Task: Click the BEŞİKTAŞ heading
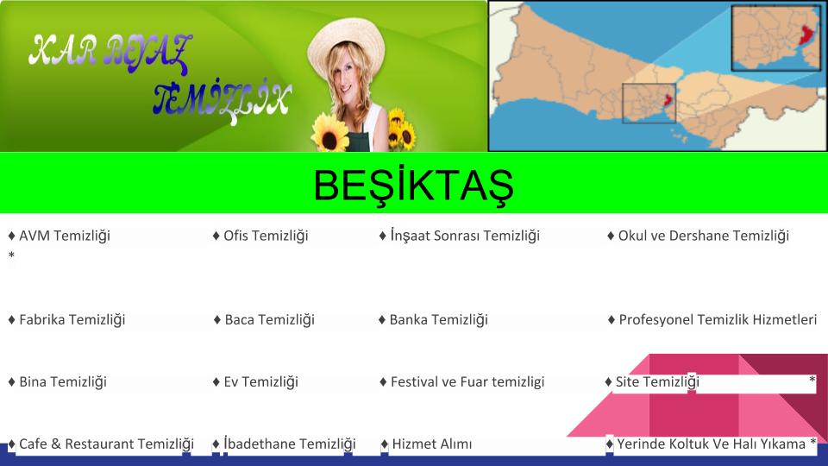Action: pos(413,185)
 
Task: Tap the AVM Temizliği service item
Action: pos(60,236)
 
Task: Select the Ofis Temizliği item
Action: pos(260,236)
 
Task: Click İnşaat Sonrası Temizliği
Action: pos(460,235)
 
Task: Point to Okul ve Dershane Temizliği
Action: pos(698,236)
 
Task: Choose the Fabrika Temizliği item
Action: pos(66,319)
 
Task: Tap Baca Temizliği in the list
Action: pos(264,319)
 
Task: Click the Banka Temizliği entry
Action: pos(434,319)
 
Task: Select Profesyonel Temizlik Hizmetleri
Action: pos(712,319)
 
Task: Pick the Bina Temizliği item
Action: pos(58,381)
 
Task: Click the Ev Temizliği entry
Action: pos(255,381)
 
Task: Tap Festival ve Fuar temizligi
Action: pos(462,381)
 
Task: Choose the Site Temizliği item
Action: pos(652,381)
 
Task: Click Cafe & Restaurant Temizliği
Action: pos(102,444)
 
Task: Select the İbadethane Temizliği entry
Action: pos(284,444)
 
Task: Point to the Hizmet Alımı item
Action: pos(426,444)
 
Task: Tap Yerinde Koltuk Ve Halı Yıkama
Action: pos(706,444)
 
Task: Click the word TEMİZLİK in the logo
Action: pos(222,100)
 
